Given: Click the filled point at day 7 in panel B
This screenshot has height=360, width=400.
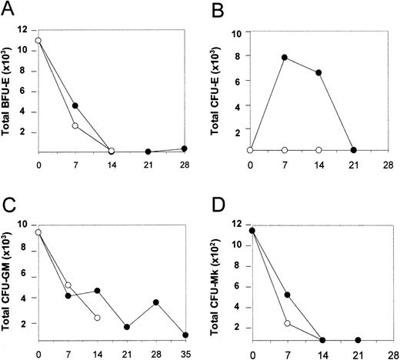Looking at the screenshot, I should click(x=285, y=58).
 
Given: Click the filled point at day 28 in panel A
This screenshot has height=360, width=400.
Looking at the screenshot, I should click(x=184, y=148).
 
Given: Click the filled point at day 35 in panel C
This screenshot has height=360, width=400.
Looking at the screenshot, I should click(x=184, y=335).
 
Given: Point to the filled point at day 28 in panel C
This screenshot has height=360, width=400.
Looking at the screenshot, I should click(x=156, y=302).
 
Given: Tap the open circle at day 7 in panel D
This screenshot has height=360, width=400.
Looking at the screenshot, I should click(x=287, y=323).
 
